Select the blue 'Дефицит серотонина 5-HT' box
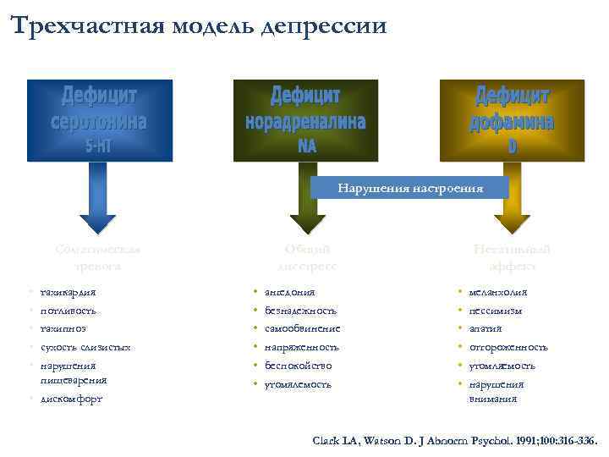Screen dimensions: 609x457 (100, 120)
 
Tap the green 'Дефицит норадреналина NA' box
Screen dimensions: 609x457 (305, 120)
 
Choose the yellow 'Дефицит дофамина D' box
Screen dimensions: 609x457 (512, 120)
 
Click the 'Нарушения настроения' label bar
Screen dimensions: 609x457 (410, 188)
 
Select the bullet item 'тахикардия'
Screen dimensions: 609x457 (69, 292)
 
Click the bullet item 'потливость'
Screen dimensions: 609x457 (69, 311)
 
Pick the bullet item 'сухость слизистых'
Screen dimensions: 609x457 (85, 348)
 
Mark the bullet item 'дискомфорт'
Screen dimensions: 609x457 (71, 399)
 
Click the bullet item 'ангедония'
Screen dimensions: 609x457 (289, 292)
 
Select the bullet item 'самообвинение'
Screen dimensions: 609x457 (302, 329)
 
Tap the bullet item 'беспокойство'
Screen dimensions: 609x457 (298, 366)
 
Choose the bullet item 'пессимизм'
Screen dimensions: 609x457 (495, 311)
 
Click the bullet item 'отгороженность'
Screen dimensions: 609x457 (507, 348)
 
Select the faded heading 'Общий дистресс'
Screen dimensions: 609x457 (307, 257)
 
